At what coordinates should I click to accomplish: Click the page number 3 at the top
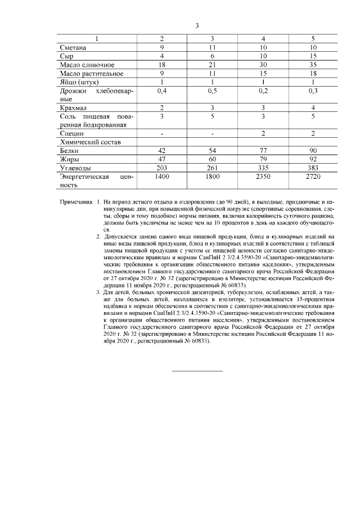coord(197,26)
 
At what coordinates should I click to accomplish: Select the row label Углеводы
coord(75,168)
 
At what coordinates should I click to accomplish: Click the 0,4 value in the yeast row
coord(162,91)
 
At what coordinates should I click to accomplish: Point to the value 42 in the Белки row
coord(162,151)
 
